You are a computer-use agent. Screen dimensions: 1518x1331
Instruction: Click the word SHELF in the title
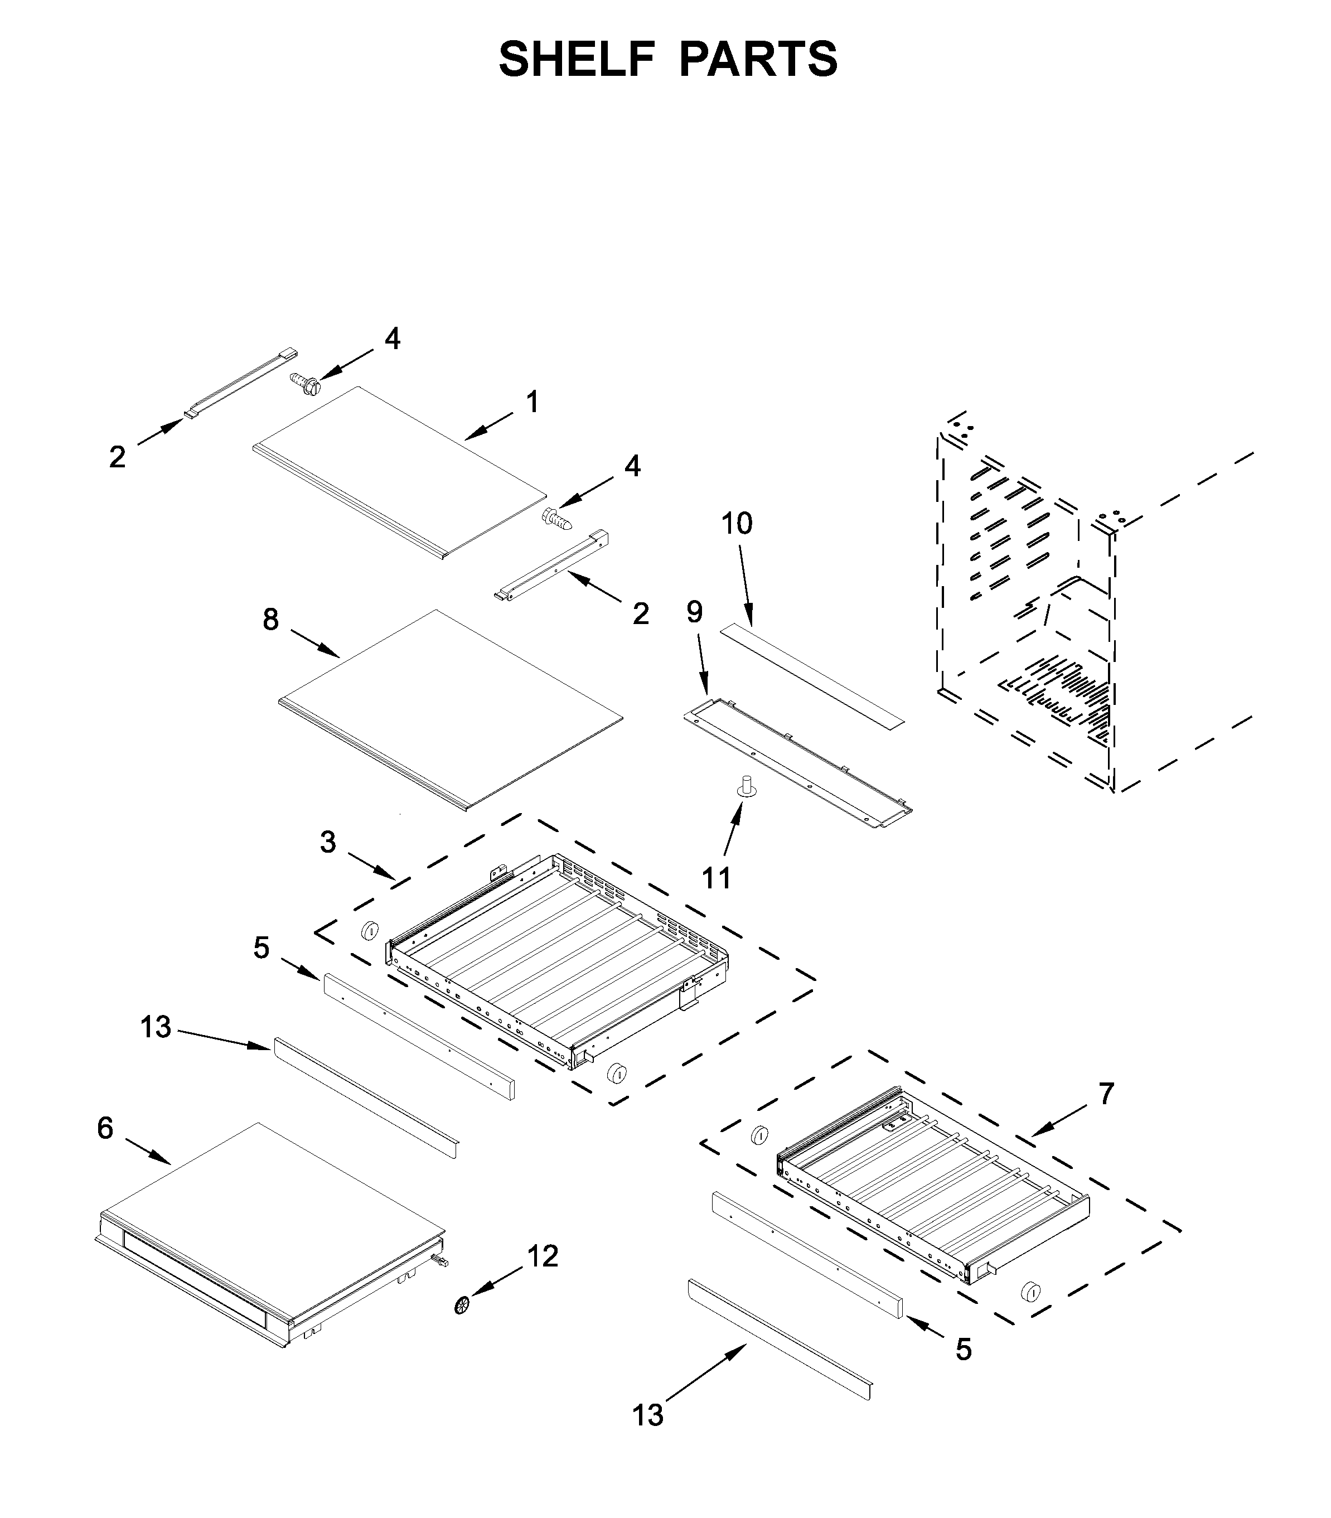[x=577, y=60]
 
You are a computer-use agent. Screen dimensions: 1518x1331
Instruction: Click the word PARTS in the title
[x=758, y=60]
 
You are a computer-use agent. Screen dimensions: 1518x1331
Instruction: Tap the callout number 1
[x=532, y=403]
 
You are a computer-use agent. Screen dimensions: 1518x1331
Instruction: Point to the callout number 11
[x=717, y=878]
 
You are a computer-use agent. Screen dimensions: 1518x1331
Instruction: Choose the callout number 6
[x=105, y=1128]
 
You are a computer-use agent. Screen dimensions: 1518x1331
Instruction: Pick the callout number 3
[x=327, y=842]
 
